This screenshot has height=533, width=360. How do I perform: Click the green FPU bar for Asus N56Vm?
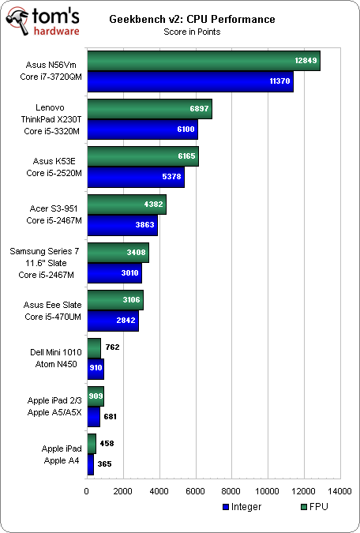click(204, 62)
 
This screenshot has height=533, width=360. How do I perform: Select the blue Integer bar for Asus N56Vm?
click(189, 81)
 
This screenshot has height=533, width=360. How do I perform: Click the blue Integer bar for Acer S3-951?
click(122, 225)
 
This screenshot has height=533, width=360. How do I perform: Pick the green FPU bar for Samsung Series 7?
click(118, 253)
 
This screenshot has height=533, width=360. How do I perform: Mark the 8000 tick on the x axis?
click(231, 490)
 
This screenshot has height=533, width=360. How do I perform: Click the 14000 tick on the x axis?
click(340, 490)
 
